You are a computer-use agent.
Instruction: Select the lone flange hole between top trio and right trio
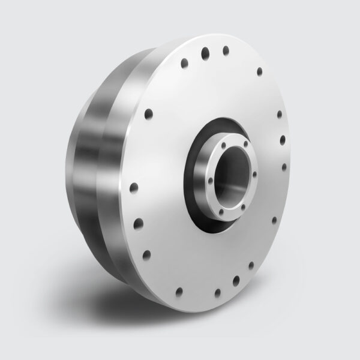(259, 71)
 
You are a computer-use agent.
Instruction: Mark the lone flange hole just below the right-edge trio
(274, 220)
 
